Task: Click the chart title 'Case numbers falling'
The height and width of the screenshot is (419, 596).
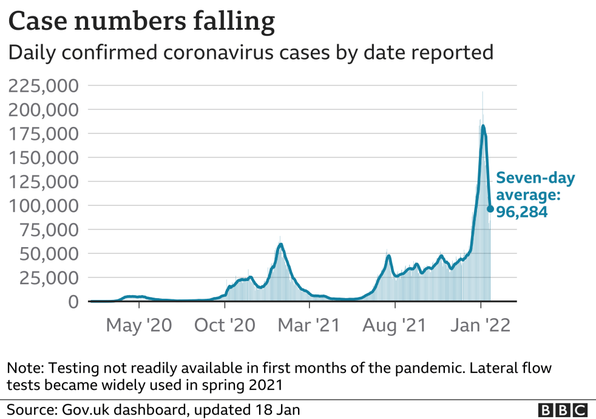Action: (141, 22)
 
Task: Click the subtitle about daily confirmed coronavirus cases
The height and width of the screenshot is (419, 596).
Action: (249, 53)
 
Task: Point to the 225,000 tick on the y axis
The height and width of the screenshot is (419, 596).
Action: (44, 86)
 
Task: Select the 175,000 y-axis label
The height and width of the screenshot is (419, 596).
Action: (44, 134)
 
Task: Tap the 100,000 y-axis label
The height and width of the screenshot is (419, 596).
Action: (44, 205)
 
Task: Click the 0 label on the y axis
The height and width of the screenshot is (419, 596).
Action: (73, 301)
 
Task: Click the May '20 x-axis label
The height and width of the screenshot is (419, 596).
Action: (139, 325)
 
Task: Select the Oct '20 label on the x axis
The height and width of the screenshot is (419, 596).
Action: (225, 325)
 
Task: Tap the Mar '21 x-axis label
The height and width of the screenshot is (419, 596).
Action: (310, 325)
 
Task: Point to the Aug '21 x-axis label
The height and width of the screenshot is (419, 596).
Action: (395, 325)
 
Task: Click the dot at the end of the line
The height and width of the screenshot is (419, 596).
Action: (490, 209)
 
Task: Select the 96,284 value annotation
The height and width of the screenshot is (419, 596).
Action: (523, 213)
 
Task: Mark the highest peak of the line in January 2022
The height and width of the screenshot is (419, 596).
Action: (483, 126)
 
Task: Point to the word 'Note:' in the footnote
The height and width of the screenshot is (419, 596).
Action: (24, 368)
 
